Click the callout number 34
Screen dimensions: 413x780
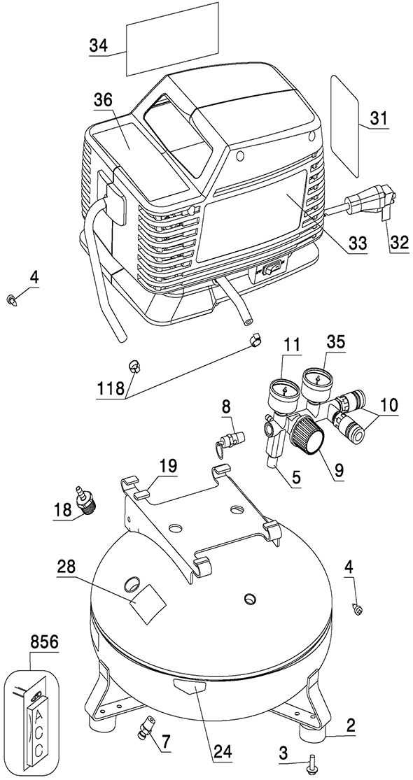pos(99,45)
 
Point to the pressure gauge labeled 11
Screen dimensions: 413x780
pos(283,392)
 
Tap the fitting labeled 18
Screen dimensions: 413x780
pos(87,499)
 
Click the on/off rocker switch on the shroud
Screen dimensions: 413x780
pos(271,269)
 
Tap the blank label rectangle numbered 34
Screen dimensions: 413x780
pos(172,38)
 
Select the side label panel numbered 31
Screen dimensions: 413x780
pos(345,125)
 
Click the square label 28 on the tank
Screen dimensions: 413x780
pos(148,604)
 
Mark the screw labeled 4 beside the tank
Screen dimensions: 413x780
pos(357,608)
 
